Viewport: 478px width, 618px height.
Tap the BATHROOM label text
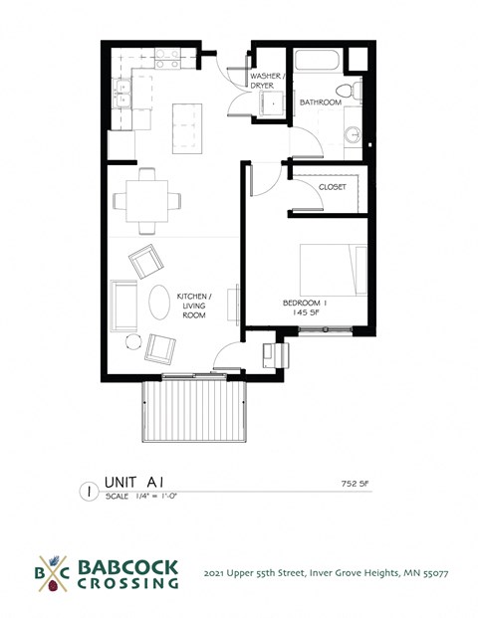click(x=321, y=103)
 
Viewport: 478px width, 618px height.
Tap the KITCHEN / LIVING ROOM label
click(x=190, y=306)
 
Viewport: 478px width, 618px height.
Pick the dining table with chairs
click(x=147, y=200)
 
